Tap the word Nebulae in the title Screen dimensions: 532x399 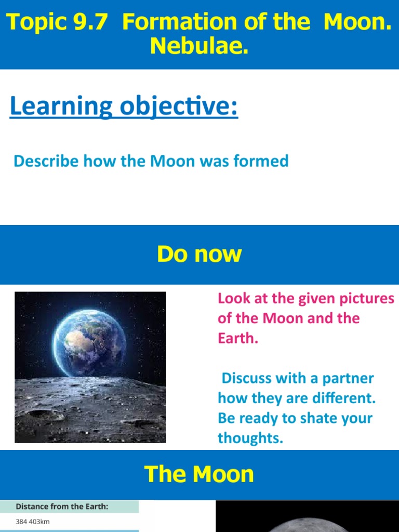tap(199, 47)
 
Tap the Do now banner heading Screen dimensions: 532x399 tap(199, 255)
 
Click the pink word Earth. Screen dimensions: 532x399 tap(237, 339)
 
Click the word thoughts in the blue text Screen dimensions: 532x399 tap(250, 438)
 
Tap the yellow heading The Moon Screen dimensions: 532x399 tap(199, 474)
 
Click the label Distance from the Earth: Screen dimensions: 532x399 tap(62, 507)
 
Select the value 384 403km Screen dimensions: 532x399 tap(33, 522)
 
